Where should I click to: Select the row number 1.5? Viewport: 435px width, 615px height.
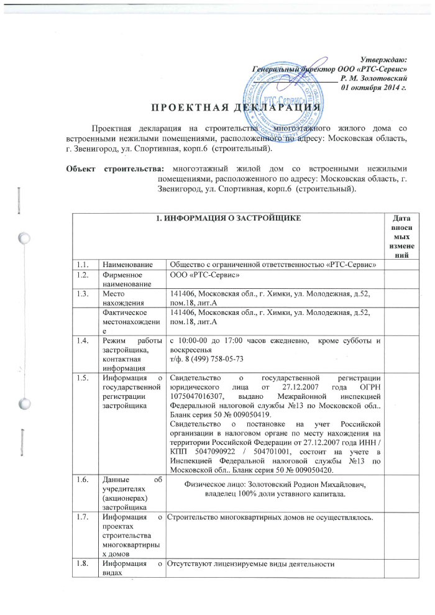[83, 376]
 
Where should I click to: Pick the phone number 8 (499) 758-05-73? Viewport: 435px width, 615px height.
[206, 359]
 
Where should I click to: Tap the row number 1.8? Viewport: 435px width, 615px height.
[83, 563]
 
